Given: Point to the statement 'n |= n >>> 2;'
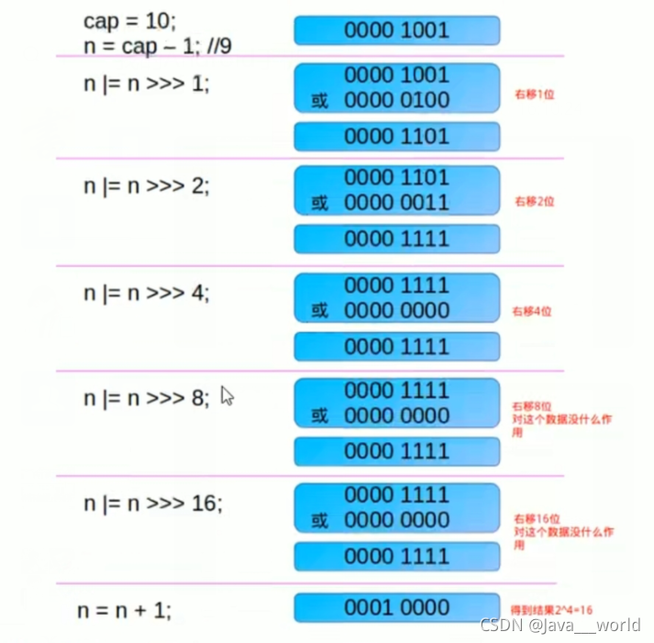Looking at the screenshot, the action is pos(146,185).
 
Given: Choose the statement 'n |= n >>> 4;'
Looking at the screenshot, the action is pos(146,294).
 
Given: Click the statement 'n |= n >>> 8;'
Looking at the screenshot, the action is pos(146,398).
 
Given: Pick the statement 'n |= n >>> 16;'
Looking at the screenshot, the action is pos(151,503).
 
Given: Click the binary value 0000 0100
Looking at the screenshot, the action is pos(397,100).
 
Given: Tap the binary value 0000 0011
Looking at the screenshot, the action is pos(397,203).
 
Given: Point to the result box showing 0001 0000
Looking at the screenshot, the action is pos(397,608).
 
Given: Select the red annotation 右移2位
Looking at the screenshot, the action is pos(534,201).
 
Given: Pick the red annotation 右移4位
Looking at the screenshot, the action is pos(534,312).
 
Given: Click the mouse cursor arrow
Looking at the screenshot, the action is pos(227,394).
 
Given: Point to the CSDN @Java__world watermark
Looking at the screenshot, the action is pos(560,626).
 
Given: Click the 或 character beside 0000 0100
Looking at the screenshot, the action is pos(319,101).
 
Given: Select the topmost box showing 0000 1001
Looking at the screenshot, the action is pos(397,30).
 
